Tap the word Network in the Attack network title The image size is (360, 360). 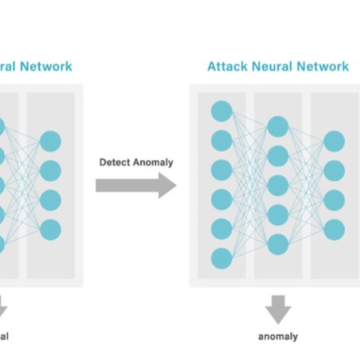pos(322,66)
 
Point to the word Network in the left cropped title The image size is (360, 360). pos(46,66)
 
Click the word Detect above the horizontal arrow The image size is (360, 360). pos(115,162)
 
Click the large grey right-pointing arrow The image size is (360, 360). pos(136,185)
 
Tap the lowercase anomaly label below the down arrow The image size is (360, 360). pos(278,337)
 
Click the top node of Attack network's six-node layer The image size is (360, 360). pos(221,111)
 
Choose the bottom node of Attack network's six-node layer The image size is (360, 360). pos(221,259)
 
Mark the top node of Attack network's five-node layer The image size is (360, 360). pos(278,126)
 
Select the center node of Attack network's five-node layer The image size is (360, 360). pos(278,185)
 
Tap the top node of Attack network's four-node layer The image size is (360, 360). pos(334,141)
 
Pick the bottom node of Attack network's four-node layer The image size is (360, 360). pos(334,229)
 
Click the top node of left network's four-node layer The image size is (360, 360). pos(50,141)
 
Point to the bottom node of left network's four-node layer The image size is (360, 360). pos(50,229)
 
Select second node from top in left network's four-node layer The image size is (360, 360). pos(50,170)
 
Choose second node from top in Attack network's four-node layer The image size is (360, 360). pos(334,170)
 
